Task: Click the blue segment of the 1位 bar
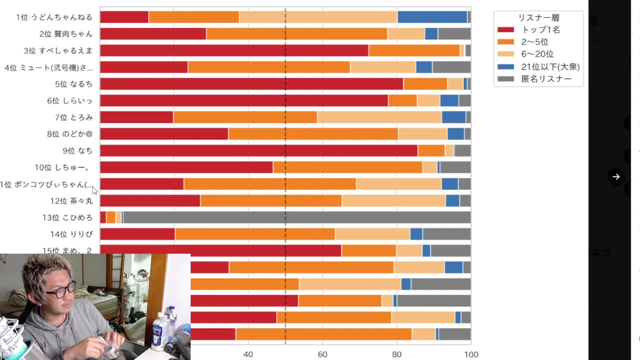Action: coord(432,17)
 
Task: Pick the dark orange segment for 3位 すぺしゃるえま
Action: coord(414,50)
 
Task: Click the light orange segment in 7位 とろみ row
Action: coord(379,117)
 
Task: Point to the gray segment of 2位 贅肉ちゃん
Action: coord(454,33)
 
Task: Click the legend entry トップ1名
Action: coord(540,29)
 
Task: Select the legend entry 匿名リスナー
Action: coord(546,79)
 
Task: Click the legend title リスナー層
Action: coord(538,17)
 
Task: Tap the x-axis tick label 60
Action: coord(322,354)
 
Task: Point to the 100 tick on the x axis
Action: coord(471,354)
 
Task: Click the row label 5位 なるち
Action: coord(73,84)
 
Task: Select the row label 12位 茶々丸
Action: coord(71,201)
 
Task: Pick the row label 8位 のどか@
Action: coord(69,134)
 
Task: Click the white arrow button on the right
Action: coord(616,176)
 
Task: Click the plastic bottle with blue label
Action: coord(158,330)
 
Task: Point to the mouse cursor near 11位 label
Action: coord(94,190)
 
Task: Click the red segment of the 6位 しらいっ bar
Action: coord(243,100)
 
